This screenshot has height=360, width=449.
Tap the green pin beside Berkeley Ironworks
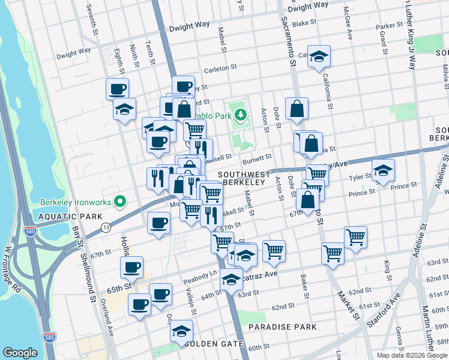pyautogui.click(x=120, y=201)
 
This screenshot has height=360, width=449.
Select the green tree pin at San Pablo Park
pyautogui.click(x=240, y=113)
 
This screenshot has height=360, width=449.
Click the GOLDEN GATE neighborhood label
pyautogui.click(x=214, y=344)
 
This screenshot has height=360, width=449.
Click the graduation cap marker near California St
pyautogui.click(x=319, y=57)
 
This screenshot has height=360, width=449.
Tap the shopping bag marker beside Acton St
pyautogui.click(x=297, y=109)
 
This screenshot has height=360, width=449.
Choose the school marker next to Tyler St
pyautogui.click(x=383, y=170)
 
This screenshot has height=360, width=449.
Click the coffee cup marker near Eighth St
pyautogui.click(x=118, y=89)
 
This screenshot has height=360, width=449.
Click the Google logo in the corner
pyautogui.click(x=20, y=353)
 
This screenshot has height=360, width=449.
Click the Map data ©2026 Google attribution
pyautogui.click(x=411, y=355)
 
